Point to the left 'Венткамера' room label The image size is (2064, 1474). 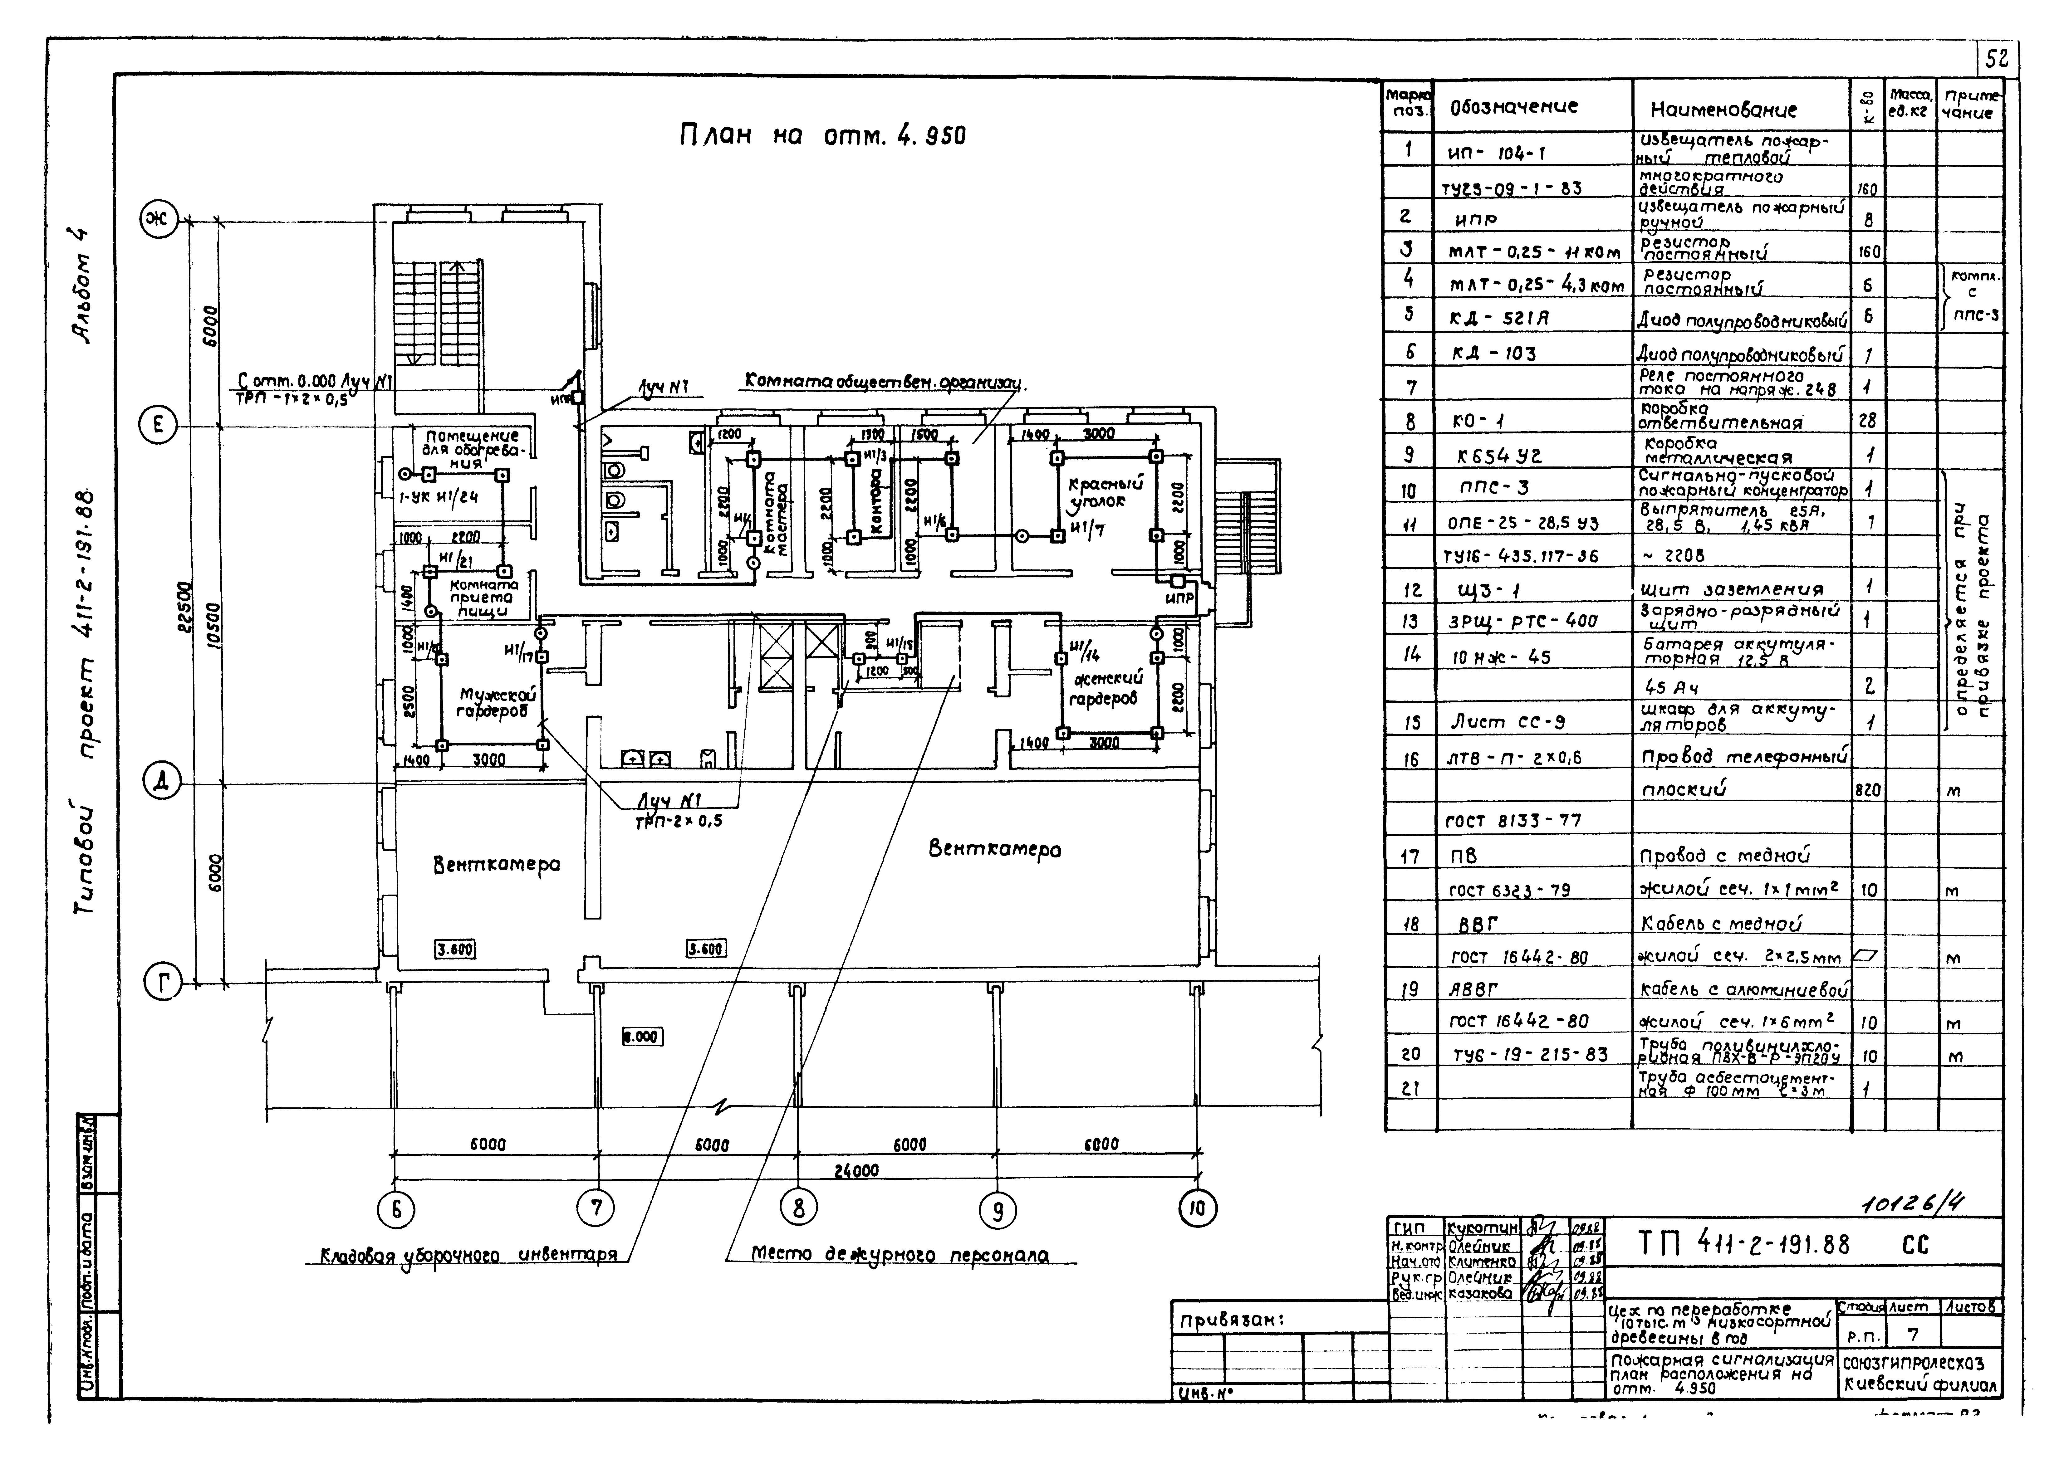497,864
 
